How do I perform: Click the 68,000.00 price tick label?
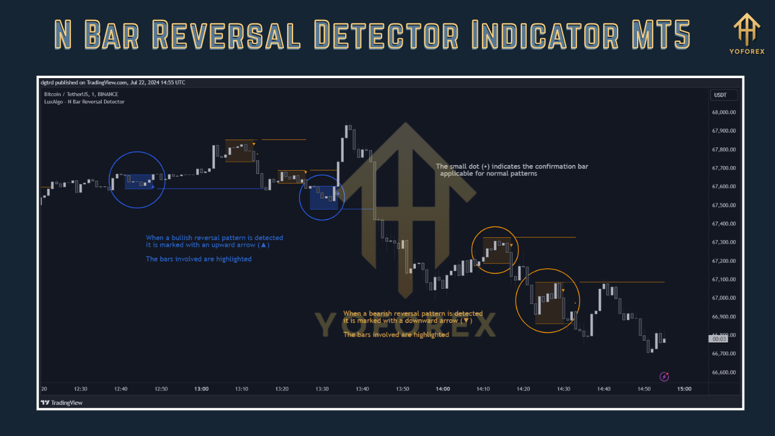click(724, 112)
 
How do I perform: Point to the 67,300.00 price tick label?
click(724, 242)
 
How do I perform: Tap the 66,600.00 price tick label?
click(724, 372)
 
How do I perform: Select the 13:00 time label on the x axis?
click(202, 389)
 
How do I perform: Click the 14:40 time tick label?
click(604, 389)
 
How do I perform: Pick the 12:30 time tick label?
click(81, 389)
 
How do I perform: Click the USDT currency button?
click(721, 95)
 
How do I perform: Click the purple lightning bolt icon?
click(664, 377)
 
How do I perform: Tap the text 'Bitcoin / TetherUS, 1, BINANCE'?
click(81, 94)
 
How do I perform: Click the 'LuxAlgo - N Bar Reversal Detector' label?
click(84, 102)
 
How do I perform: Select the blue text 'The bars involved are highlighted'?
click(199, 259)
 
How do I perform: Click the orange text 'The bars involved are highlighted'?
click(396, 335)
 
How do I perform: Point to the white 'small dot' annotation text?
click(512, 170)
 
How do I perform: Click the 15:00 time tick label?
click(684, 389)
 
